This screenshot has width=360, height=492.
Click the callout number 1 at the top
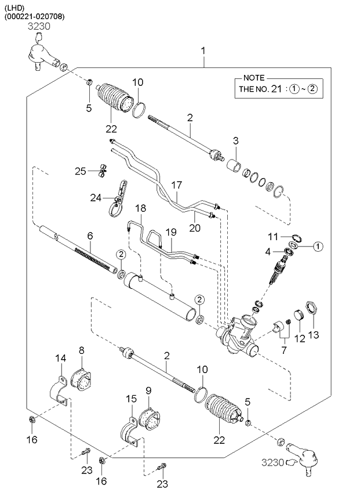[x=203, y=52]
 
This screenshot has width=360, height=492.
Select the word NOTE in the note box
[x=254, y=78]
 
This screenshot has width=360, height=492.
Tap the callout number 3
[x=235, y=140]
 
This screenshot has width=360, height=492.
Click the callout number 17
[x=177, y=185]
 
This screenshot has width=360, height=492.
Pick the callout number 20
[x=195, y=228]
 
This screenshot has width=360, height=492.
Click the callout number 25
[x=81, y=171]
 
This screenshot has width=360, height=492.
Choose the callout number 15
[x=132, y=399]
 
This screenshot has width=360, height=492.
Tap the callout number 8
[x=81, y=350]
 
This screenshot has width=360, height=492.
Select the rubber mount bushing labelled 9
[x=152, y=419]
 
